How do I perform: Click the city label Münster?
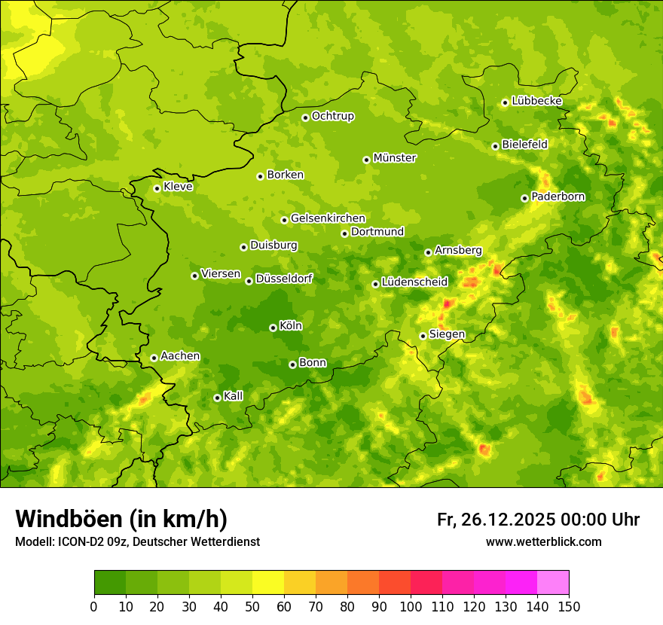394,158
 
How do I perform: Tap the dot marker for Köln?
273,328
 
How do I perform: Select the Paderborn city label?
558,197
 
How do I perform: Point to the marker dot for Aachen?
154,358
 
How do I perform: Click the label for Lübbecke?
536,101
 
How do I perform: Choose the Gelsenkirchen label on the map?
328,218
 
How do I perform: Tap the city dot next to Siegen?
423,336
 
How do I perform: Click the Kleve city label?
178,187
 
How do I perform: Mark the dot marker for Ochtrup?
305,117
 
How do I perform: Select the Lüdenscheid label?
414,282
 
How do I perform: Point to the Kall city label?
233,396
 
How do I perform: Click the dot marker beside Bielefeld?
495,146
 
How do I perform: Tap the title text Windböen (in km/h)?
121,519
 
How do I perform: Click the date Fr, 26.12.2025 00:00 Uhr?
538,520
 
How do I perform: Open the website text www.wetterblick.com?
543,541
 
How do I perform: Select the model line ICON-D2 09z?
137,541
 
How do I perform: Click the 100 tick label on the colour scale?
411,606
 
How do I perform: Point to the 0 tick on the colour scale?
94,606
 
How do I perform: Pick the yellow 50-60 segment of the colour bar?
268,583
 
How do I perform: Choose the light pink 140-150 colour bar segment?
553,583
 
